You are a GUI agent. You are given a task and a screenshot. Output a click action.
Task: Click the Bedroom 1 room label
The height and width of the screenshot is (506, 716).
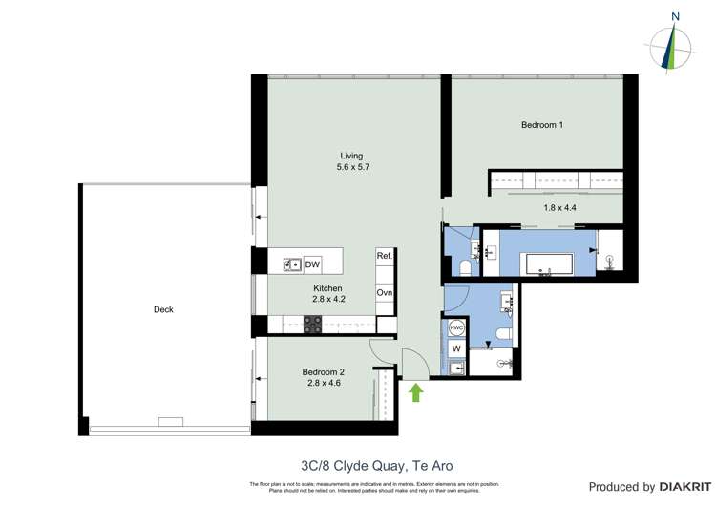coord(542,125)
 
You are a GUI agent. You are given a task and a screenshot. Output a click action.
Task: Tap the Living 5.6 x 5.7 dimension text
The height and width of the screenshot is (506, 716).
coord(351,167)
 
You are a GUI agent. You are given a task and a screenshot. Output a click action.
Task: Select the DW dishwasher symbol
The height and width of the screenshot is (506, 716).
coord(312,264)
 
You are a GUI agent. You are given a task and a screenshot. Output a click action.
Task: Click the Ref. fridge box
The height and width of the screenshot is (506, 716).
coord(385,256)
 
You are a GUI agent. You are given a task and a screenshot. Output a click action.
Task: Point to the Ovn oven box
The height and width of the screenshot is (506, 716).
coord(385,293)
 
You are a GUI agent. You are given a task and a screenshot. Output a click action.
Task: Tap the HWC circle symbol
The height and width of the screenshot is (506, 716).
coord(456,328)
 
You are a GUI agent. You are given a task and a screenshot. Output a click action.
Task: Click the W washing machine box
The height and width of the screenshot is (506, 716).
coord(456,348)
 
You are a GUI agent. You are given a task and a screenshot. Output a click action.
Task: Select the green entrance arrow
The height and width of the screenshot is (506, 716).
coord(416,391)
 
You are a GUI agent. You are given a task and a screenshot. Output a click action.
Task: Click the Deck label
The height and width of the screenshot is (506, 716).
coord(163,309)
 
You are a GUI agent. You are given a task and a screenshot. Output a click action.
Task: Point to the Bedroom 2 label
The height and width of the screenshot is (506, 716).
coord(323,372)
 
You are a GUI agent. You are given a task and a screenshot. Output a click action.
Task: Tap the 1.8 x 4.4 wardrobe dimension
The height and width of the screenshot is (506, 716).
coord(561,207)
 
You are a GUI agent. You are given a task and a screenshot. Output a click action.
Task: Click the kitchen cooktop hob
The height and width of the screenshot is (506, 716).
coord(312,325)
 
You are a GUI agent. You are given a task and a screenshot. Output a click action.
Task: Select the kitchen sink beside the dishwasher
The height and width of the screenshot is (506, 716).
coord(292,264)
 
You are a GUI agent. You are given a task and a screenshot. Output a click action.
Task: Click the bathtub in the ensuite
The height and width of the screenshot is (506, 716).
coord(537,264)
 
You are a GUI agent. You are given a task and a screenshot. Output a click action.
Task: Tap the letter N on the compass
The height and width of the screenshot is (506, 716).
coord(676,16)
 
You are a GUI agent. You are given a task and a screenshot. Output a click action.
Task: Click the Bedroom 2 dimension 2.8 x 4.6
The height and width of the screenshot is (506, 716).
coord(324,383)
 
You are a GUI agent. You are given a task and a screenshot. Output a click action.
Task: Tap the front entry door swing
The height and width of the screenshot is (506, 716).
coord(414,363)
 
